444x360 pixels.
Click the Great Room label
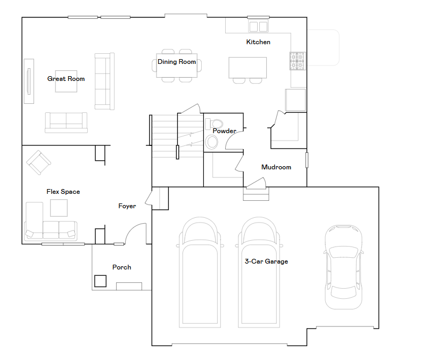[66, 79]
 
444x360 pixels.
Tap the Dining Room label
[177, 62]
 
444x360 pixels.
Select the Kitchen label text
[258, 42]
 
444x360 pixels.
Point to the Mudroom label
[276, 167]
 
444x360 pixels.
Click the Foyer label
[127, 206]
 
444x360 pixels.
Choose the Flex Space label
[63, 192]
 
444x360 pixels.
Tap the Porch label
[122, 267]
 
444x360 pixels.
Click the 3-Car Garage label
[267, 261]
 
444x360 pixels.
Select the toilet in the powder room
[214, 124]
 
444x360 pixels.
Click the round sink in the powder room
[211, 142]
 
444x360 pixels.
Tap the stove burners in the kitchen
[298, 61]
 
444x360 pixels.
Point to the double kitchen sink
[258, 26]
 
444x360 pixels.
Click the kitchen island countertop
[248, 68]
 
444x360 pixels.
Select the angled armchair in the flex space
[38, 162]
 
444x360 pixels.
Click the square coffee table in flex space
[59, 208]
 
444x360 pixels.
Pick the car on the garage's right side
[343, 267]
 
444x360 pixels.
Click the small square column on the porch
[100, 281]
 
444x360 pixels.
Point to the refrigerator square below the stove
[295, 100]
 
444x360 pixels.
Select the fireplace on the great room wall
[29, 81]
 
